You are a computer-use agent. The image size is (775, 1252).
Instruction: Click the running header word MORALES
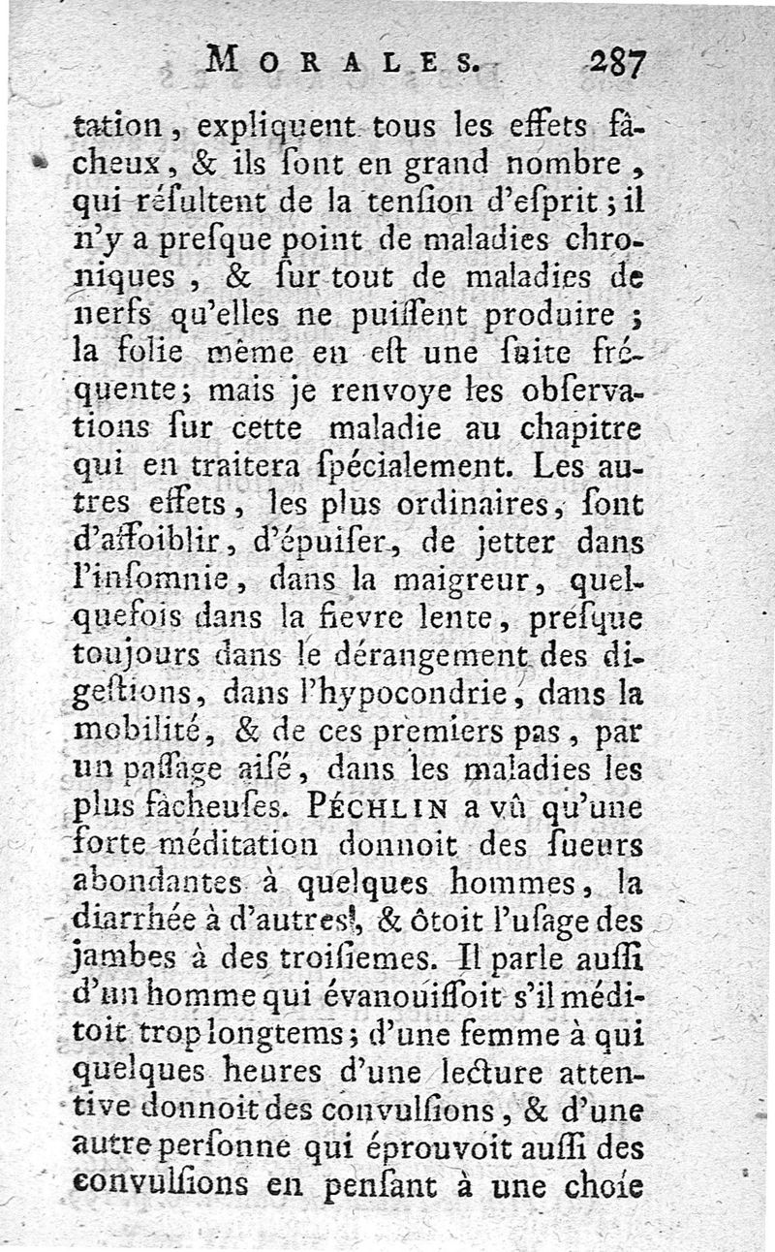click(x=341, y=64)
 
